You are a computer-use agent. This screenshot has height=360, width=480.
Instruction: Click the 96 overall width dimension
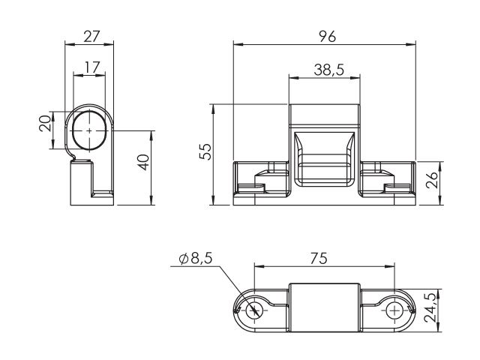point(327,37)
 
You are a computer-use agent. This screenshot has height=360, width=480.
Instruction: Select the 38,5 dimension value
point(329,70)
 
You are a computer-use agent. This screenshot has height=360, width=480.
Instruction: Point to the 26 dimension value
point(432,180)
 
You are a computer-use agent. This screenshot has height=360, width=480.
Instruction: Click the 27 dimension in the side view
point(91,37)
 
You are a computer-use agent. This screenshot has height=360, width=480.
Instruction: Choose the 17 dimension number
point(92,67)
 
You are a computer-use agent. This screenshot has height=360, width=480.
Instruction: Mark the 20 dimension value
point(45,123)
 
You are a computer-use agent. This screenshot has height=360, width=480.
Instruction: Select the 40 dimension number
point(143,162)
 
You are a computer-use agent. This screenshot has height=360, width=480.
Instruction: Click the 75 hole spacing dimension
point(319,258)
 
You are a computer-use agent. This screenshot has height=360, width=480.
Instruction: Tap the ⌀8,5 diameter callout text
point(196,259)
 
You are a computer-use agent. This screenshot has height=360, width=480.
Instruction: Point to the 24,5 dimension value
point(430,307)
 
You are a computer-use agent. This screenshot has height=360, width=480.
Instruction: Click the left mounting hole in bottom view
point(255,310)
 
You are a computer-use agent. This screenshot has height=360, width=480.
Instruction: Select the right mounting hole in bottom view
point(395,311)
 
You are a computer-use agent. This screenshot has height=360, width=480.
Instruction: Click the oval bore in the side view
point(89,130)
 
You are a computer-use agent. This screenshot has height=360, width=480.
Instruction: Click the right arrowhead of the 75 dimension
point(390,266)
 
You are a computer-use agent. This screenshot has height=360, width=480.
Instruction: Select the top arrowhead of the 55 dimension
point(213,109)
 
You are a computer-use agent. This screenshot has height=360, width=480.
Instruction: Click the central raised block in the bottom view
point(325,307)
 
